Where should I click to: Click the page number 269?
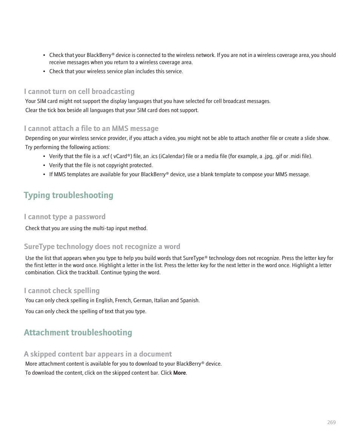click(x=331, y=422)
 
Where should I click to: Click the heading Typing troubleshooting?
click(x=68, y=195)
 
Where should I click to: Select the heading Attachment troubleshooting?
click(x=78, y=332)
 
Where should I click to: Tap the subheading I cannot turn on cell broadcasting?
click(x=79, y=91)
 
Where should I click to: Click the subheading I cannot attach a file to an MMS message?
click(x=91, y=128)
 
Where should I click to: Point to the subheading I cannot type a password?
click(x=65, y=217)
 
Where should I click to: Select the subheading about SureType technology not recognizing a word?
click(x=102, y=246)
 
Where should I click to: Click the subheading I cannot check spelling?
click(x=62, y=291)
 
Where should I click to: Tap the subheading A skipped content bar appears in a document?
click(x=98, y=354)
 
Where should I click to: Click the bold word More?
click(x=180, y=373)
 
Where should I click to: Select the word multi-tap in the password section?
click(x=93, y=228)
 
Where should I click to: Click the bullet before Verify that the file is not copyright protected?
click(x=45, y=165)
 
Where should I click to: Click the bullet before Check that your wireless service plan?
click(x=45, y=71)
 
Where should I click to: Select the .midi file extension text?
click(x=295, y=156)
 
